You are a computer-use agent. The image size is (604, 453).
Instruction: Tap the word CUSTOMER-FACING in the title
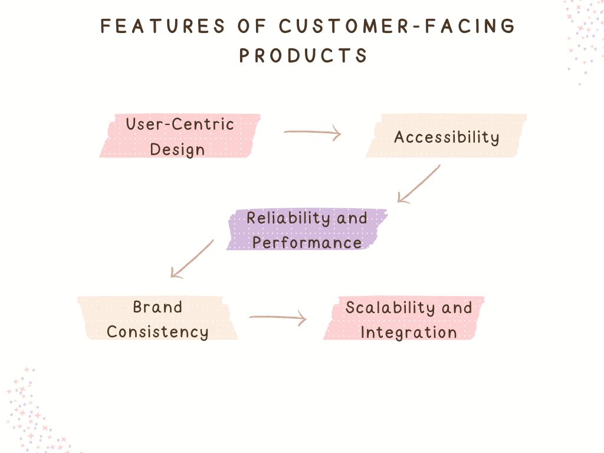coord(397,27)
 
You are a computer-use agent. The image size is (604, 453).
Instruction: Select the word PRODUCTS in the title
coord(303,55)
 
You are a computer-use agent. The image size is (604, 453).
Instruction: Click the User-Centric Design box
coord(180,136)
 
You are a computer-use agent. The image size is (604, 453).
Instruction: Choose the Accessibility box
coord(446,136)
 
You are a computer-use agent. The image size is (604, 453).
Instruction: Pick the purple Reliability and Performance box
coord(307,229)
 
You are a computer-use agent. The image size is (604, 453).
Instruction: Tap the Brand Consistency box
coord(157,319)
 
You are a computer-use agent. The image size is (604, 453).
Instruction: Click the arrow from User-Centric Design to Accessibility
coord(313,133)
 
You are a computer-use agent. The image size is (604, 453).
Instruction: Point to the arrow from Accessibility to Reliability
coord(419,183)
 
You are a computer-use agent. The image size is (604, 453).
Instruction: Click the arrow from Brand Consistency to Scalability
coord(278,319)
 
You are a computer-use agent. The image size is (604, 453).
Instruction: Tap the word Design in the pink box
coord(177,149)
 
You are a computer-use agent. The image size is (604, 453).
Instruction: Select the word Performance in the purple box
coord(307,242)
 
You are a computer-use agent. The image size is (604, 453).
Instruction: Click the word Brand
coord(157,307)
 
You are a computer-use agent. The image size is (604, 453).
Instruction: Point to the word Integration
coord(409,332)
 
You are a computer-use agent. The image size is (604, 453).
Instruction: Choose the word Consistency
coord(157,332)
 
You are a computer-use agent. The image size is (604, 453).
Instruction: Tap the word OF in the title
coord(252,27)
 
